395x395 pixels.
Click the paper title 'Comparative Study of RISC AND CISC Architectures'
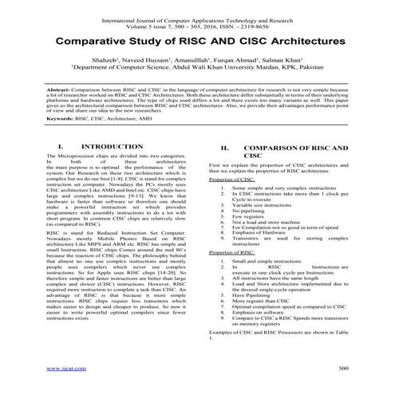coord(197,39)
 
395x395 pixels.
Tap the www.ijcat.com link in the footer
coord(61,369)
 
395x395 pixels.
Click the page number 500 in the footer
coord(343,369)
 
